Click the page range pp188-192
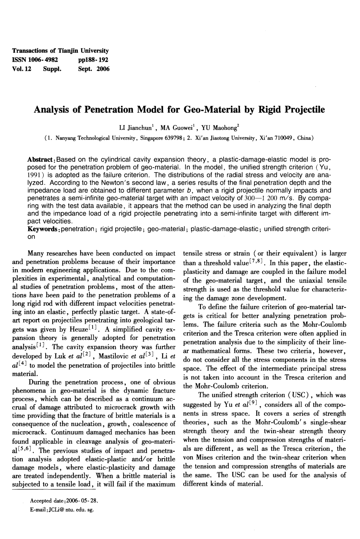(x=93, y=60)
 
